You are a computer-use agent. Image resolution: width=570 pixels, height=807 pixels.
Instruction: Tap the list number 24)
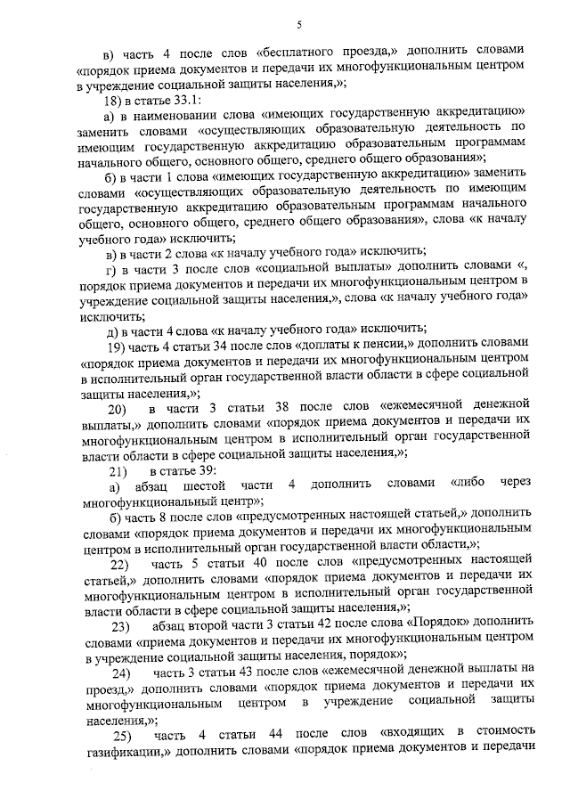coord(119,672)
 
